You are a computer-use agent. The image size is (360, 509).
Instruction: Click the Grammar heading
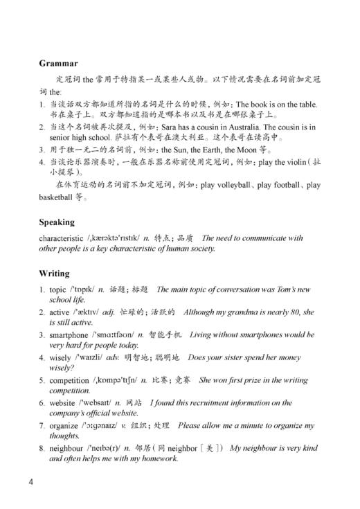pyautogui.click(x=58, y=63)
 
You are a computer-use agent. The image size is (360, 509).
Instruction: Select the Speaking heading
pyautogui.click(x=57, y=222)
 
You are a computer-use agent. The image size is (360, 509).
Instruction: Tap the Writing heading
pyautogui.click(x=55, y=274)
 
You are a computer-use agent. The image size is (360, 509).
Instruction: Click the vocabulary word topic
pyautogui.click(x=59, y=289)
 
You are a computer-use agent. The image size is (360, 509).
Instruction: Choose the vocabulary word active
pyautogui.click(x=60, y=312)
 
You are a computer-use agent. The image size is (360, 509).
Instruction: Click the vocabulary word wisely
pyautogui.click(x=61, y=357)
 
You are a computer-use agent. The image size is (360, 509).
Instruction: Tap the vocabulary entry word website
pyautogui.click(x=64, y=402)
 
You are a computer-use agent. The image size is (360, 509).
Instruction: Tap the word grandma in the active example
pyautogui.click(x=249, y=312)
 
